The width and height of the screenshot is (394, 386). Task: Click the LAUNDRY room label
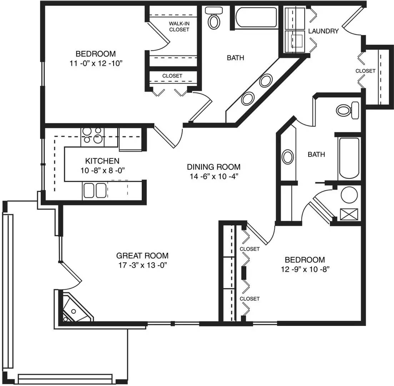click(x=323, y=31)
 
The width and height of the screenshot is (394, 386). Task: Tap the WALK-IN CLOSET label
click(x=179, y=26)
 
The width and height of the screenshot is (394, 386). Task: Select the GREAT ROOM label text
click(x=142, y=256)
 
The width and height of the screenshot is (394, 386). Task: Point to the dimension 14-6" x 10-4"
click(x=214, y=176)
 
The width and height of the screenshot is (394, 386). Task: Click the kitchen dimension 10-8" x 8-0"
click(x=103, y=170)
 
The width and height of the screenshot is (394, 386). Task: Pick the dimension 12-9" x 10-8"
click(x=305, y=269)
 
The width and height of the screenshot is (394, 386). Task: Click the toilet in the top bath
click(x=214, y=18)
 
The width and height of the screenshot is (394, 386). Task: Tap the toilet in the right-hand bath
click(x=348, y=110)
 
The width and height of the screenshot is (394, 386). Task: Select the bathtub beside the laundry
click(x=256, y=17)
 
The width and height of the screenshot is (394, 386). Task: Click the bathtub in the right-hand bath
click(x=349, y=158)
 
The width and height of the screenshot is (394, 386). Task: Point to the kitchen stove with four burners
click(x=92, y=137)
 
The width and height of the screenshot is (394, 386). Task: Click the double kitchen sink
click(x=95, y=190)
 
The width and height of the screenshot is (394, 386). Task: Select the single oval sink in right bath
click(x=288, y=157)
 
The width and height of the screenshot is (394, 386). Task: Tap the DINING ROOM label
click(x=214, y=167)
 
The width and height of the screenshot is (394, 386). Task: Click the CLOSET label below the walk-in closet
click(x=172, y=76)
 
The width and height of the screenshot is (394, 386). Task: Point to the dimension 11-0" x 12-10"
click(x=96, y=63)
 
